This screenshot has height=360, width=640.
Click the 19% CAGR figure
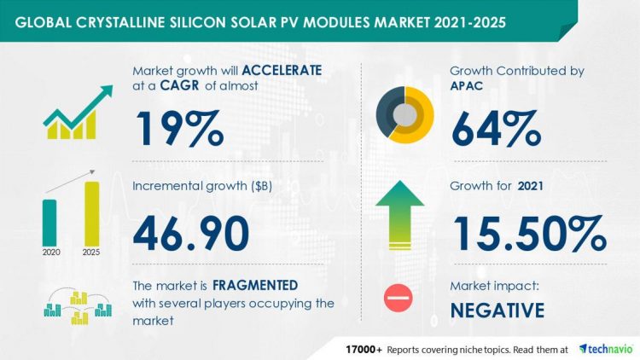pos(178,128)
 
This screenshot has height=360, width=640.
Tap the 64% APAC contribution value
pos(496,128)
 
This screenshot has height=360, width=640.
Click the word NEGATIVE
pos(497,310)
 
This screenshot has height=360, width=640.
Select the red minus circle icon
pos(399,298)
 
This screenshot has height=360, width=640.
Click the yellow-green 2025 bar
pos(92,213)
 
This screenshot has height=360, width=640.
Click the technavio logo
pos(605,349)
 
